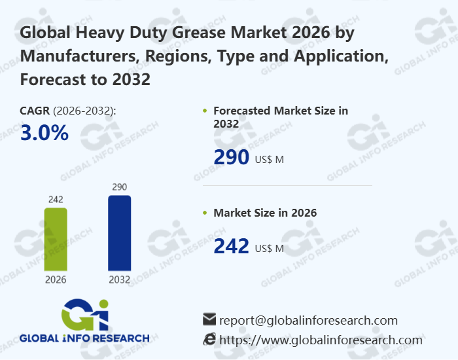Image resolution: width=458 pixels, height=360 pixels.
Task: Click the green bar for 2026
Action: coord(56,239)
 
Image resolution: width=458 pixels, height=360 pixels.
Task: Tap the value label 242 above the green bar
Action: coord(56,199)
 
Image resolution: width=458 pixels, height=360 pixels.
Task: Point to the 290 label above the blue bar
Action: coord(119,187)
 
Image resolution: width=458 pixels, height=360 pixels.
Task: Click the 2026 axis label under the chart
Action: coord(56,279)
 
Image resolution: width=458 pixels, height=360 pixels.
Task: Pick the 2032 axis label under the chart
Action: coord(119,279)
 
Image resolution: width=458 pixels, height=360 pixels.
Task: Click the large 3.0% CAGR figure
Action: coord(44,133)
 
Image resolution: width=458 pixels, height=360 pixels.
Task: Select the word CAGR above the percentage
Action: coord(35,111)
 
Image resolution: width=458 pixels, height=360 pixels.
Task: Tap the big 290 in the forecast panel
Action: coord(232,158)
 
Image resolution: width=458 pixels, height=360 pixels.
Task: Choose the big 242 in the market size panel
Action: coord(232,246)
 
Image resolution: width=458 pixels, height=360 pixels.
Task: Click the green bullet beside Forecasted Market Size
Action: coord(205,111)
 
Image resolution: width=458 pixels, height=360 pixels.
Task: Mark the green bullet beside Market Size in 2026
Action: coord(205,213)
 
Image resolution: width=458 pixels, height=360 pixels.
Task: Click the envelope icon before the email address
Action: coord(209,319)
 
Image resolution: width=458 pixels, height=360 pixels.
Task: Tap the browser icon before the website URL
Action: coord(209,339)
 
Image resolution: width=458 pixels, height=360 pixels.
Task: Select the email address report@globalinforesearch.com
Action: coord(308,320)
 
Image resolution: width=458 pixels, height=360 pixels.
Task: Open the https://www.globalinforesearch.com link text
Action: coord(321,340)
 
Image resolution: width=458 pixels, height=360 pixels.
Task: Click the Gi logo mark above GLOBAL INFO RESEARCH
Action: coord(84,314)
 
